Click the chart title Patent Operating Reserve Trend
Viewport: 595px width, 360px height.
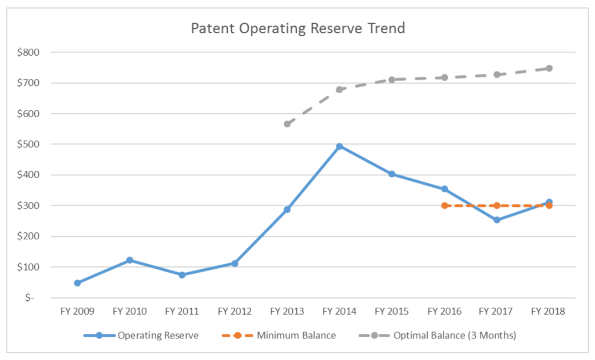point(298,28)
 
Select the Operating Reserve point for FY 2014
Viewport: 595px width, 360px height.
point(339,146)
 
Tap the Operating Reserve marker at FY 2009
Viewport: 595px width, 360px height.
point(77,283)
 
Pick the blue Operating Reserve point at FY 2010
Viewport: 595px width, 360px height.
point(130,260)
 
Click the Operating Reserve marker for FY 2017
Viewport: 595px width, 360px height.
point(497,220)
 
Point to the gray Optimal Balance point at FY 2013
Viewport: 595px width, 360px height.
point(287,124)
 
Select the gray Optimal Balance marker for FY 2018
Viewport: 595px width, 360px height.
point(549,69)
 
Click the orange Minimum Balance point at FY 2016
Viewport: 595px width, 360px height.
point(445,206)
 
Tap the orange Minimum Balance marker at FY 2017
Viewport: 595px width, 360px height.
point(497,206)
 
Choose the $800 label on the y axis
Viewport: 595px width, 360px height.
point(28,52)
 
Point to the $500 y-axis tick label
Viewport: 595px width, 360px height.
point(28,144)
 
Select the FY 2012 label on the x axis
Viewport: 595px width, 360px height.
point(235,311)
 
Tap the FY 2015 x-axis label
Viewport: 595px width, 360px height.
point(392,311)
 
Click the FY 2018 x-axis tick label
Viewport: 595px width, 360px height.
point(549,311)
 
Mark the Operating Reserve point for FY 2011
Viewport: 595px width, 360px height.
point(182,275)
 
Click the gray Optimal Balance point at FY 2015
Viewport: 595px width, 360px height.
point(392,80)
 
